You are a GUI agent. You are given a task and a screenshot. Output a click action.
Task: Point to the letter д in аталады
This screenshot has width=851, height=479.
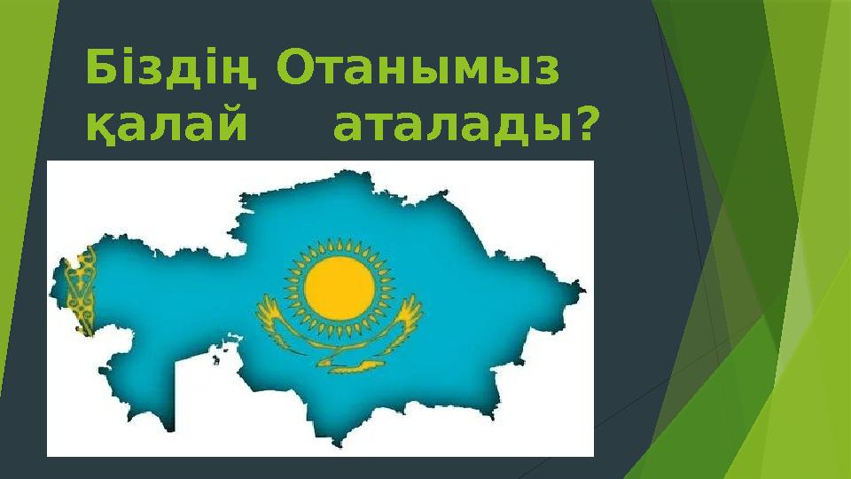tap(502, 132)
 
